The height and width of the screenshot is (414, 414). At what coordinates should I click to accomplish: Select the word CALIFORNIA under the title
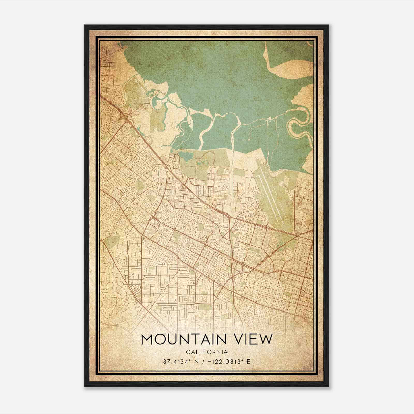pos(206,352)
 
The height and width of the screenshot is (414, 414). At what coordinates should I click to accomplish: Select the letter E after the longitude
pos(249,362)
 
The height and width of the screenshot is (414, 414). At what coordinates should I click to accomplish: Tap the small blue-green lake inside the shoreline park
pos(186,156)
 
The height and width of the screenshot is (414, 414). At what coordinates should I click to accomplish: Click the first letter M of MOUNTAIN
pos(147,339)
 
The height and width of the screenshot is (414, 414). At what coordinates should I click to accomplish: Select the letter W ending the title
pos(267,339)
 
